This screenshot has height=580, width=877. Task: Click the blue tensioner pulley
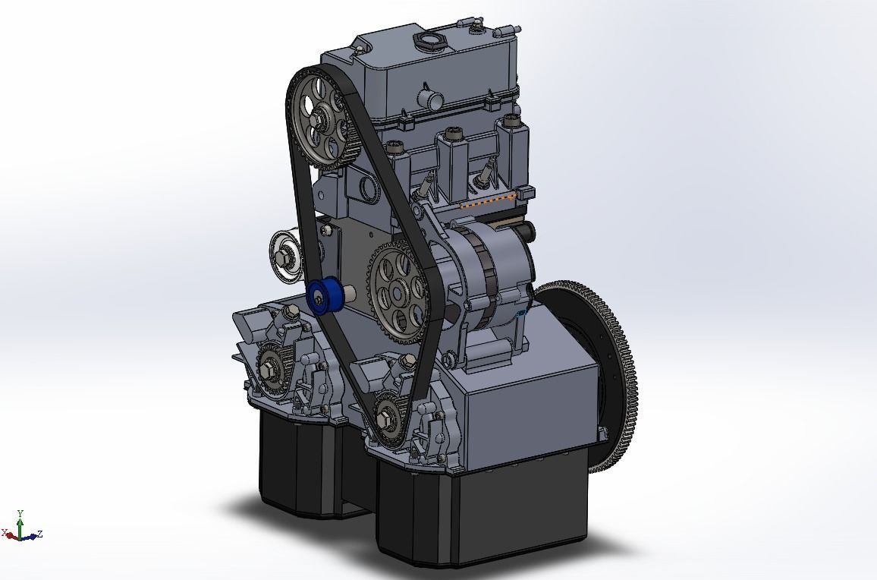(322, 297)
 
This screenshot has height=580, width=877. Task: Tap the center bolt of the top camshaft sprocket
(319, 118)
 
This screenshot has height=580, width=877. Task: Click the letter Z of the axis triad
(39, 534)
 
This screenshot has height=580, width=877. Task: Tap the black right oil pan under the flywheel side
(486, 516)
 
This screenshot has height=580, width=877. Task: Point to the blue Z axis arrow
(30, 536)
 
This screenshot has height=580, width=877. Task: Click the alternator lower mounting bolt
(453, 354)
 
